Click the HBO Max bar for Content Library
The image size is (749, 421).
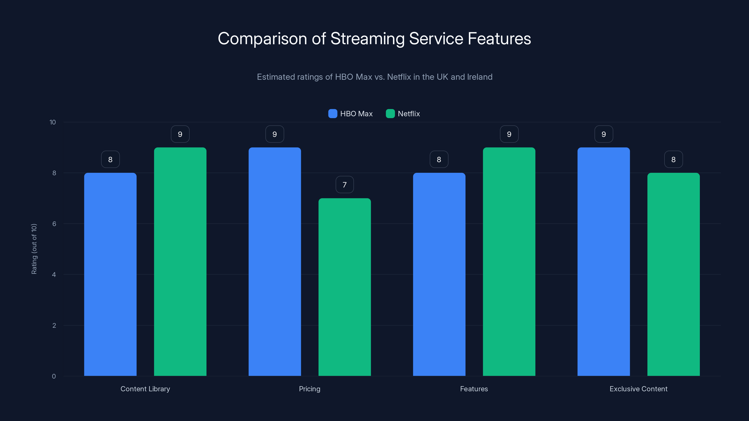(110, 274)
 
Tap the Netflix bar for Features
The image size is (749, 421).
(509, 261)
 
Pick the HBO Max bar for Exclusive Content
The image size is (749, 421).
(604, 261)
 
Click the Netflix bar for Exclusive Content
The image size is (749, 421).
(673, 274)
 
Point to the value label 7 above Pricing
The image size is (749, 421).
(345, 185)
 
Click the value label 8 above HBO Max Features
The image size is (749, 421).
(439, 160)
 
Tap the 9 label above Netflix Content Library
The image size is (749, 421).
(180, 134)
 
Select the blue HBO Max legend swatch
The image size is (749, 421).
(333, 114)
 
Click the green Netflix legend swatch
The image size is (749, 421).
(390, 114)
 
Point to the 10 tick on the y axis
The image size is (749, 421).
(53, 122)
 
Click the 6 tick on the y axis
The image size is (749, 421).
(54, 224)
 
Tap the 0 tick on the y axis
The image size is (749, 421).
(54, 376)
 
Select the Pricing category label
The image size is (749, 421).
(310, 389)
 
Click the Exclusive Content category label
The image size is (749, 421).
(639, 389)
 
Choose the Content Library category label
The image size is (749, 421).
(145, 389)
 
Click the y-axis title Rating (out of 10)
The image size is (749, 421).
(34, 249)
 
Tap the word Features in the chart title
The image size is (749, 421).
(499, 39)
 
